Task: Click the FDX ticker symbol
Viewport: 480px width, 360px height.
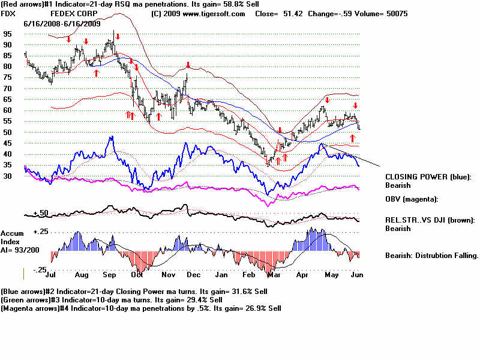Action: point(8,13)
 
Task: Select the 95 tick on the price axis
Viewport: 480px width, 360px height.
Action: point(7,34)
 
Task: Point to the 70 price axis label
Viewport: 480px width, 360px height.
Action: point(7,89)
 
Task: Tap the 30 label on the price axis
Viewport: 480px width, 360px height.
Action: point(7,176)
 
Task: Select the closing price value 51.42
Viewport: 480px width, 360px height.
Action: point(288,13)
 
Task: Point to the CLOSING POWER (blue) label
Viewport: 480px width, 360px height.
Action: point(428,177)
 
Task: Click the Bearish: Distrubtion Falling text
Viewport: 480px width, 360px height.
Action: point(431,256)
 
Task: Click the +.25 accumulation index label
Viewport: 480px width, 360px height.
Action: point(41,231)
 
